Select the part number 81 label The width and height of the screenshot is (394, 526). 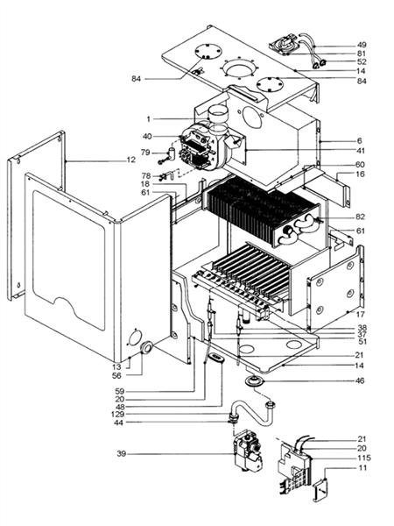coord(361,53)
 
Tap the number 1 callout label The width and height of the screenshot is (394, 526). coord(149,118)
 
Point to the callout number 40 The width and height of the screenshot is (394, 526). coord(147,136)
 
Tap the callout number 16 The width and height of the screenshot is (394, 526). coord(360,175)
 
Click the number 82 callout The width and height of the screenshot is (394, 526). coord(360,216)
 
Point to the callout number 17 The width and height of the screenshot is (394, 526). coord(360,312)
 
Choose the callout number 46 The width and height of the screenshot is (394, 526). coord(360,380)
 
